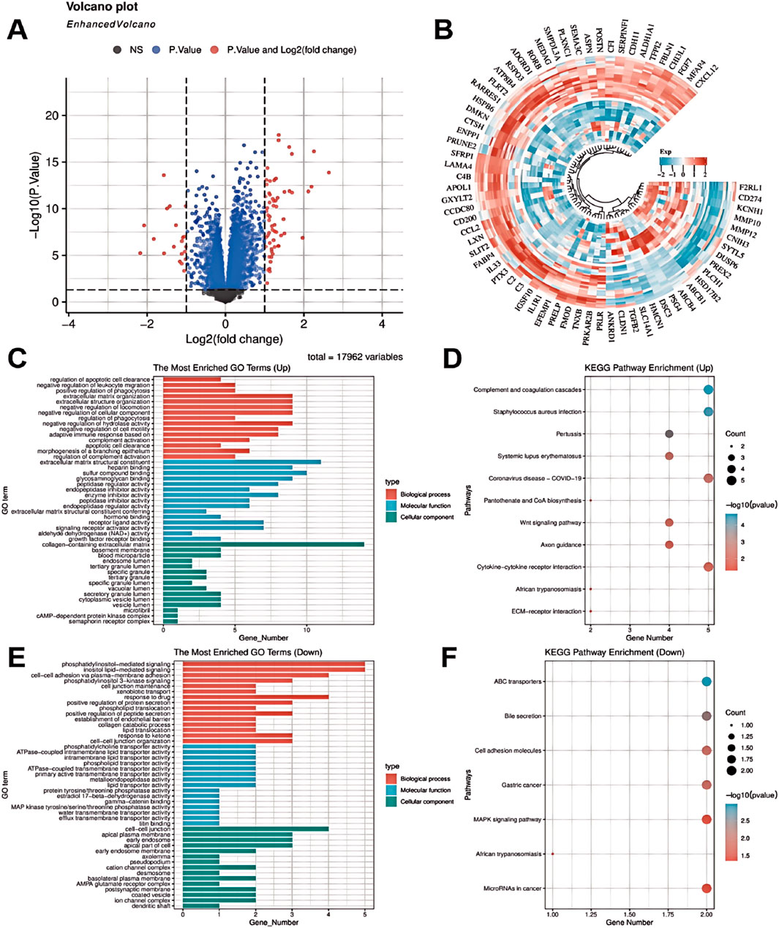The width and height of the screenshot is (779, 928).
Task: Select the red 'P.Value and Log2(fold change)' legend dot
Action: (x=214, y=50)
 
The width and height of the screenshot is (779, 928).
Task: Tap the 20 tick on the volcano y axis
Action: (x=53, y=116)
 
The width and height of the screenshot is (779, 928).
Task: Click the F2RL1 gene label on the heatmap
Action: (x=750, y=188)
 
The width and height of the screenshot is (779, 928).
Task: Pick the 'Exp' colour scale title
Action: (x=665, y=153)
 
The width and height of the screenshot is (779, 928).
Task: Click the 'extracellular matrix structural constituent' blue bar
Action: (x=242, y=462)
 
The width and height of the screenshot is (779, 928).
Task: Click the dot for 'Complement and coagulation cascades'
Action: (x=707, y=390)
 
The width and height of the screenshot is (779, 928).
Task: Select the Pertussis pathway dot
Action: (x=669, y=434)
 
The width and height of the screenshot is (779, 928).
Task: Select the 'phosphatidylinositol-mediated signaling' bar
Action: (x=274, y=665)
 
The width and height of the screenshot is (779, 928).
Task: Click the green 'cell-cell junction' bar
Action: (x=255, y=829)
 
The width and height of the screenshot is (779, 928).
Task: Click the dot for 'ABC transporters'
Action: (x=707, y=682)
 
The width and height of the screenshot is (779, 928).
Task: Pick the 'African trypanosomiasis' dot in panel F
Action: (x=553, y=853)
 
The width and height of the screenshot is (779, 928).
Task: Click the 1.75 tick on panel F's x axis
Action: (x=668, y=913)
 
